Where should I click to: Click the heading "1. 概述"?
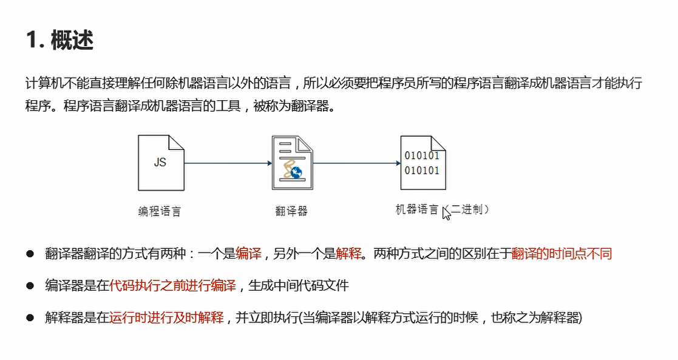[59, 41]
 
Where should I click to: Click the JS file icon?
[161, 162]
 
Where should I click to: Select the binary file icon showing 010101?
[422, 162]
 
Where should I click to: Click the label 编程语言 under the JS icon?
[160, 211]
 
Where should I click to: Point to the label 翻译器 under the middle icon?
[291, 211]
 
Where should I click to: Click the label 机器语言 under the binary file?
[417, 210]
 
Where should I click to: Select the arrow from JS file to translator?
[228, 163]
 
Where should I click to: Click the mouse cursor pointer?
[446, 212]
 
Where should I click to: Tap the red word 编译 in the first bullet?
[249, 254]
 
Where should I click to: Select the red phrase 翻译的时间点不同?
[561, 254]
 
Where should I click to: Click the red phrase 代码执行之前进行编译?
[173, 285]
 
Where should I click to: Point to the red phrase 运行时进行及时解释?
[166, 317]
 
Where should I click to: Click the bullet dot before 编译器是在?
[29, 285]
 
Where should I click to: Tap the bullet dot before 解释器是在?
[29, 317]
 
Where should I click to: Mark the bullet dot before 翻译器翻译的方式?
[29, 254]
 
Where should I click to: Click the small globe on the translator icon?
[297, 172]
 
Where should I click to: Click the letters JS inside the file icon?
[160, 162]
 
